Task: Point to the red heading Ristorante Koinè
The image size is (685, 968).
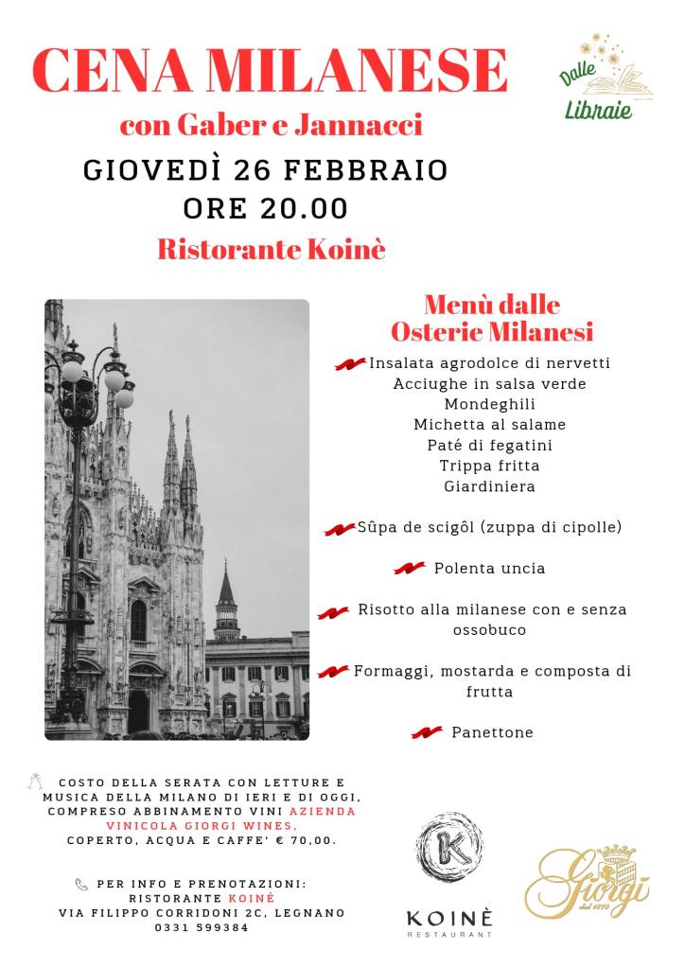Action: coord(272,250)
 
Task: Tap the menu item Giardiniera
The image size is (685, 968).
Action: coord(489,486)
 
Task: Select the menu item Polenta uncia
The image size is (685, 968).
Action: coord(489,569)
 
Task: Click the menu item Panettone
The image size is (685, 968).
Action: coord(492,732)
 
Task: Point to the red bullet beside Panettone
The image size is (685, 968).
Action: coord(427,732)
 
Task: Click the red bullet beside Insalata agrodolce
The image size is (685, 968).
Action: coord(350,364)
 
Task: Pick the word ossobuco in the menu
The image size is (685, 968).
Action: coord(489,629)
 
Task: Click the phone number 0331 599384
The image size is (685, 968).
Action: coord(202,927)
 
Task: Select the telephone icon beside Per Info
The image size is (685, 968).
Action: coord(81,885)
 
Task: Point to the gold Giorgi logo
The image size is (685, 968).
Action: coord(588,881)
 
